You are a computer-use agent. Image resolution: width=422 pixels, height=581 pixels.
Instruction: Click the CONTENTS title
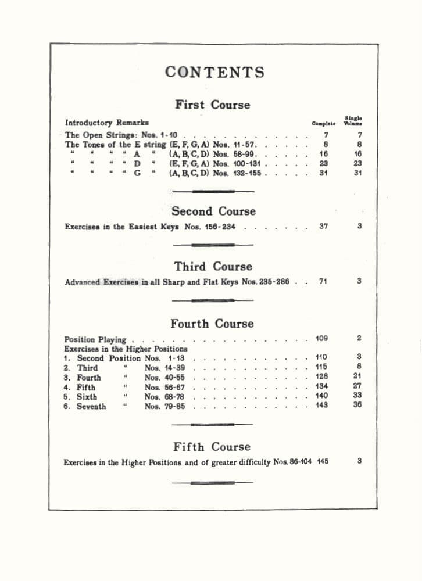coord(214,72)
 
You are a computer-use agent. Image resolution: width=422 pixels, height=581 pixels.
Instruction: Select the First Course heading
coord(212,105)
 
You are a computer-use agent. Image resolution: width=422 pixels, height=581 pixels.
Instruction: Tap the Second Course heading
coord(213,211)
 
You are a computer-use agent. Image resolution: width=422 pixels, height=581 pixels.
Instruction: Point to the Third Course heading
coord(213,267)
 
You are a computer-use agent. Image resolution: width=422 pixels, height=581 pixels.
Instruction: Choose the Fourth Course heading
coord(212,324)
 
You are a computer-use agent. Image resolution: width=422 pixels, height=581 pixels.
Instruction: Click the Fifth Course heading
coord(212,447)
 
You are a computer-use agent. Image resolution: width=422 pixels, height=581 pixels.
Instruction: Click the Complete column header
coord(324,123)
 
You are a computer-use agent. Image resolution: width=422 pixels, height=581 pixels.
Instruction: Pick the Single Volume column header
coord(353,120)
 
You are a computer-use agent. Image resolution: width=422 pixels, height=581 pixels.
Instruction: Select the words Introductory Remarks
coord(106,123)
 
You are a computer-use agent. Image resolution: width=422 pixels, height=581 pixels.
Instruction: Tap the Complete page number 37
coord(324,227)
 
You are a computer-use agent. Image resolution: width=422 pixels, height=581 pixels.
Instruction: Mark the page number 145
coord(323,461)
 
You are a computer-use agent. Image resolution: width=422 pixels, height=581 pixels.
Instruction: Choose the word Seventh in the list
coord(91,407)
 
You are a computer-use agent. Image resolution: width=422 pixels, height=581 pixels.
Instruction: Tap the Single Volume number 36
coord(357,406)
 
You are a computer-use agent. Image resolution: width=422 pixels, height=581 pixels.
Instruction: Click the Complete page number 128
coord(321,376)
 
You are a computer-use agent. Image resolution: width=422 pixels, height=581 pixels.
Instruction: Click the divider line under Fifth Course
coord(212,482)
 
